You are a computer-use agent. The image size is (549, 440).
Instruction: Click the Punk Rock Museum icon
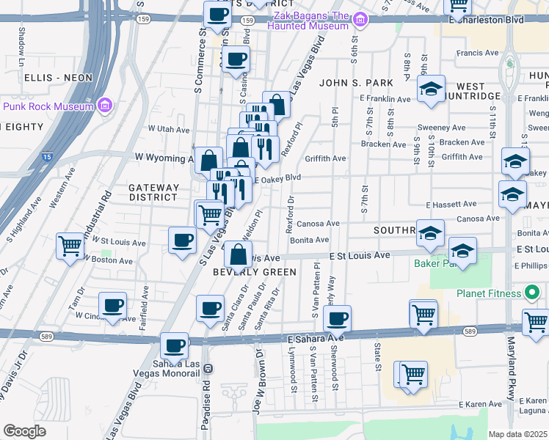point(105,106)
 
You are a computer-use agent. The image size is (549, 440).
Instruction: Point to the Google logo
point(24,431)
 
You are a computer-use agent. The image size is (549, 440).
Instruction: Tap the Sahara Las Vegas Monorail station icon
point(207,368)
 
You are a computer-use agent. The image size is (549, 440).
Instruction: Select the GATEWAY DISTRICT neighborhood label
point(153,192)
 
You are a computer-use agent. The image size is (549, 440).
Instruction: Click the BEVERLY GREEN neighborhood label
point(255,272)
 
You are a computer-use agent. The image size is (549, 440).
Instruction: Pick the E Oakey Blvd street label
point(277,177)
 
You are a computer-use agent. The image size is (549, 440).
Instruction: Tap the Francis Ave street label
point(477,53)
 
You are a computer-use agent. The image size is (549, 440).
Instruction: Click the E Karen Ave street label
point(481,404)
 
